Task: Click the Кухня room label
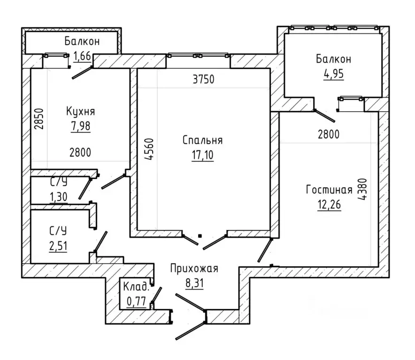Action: tap(80, 111)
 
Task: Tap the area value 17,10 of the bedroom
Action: tap(202, 155)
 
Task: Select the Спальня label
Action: tap(202, 140)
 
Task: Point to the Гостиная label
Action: tap(329, 190)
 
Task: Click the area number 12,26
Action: tap(329, 204)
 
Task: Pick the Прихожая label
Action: tap(194, 268)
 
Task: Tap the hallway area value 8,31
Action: tap(194, 283)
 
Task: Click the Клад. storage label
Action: tap(136, 286)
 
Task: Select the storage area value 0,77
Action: tap(137, 301)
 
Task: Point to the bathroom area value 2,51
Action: tap(58, 246)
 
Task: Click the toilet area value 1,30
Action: tap(59, 197)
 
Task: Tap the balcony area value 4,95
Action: tap(333, 74)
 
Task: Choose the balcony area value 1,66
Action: tap(82, 56)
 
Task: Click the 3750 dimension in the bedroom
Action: tap(204, 79)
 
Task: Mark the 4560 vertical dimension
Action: tap(149, 149)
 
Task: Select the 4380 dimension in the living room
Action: tap(362, 189)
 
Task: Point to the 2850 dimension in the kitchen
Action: tap(39, 119)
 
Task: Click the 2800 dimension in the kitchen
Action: tap(80, 153)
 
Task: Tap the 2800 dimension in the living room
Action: tap(329, 134)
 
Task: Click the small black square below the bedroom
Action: tap(200, 236)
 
